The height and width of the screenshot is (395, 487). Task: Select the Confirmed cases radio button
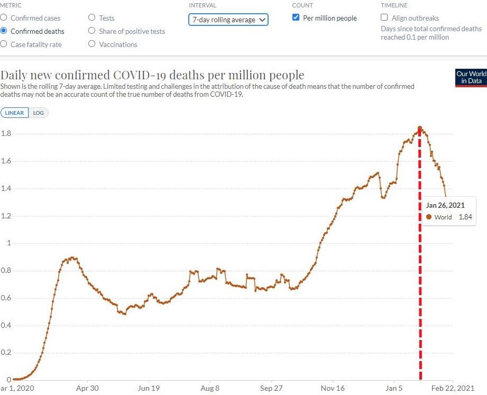point(4,18)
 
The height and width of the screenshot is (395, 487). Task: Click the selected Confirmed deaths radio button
point(4,31)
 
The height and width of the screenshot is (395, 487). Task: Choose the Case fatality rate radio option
point(4,44)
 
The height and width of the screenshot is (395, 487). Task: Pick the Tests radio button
point(93,18)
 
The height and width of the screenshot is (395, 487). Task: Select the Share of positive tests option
point(93,31)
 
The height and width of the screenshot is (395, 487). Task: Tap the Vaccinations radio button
point(93,44)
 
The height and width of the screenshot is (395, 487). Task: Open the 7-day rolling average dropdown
point(228,20)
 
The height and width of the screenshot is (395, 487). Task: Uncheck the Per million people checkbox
point(296,18)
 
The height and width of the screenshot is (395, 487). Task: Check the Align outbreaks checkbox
point(384,18)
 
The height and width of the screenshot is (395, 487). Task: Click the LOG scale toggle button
point(39,113)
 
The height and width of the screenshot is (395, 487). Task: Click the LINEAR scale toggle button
point(15,113)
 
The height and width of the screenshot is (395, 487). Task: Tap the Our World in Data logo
point(471,77)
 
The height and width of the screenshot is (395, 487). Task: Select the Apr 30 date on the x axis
point(87,388)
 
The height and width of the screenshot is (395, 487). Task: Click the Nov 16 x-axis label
point(333,388)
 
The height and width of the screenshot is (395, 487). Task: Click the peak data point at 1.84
point(420,128)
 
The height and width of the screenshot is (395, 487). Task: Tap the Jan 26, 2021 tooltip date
point(445,205)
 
